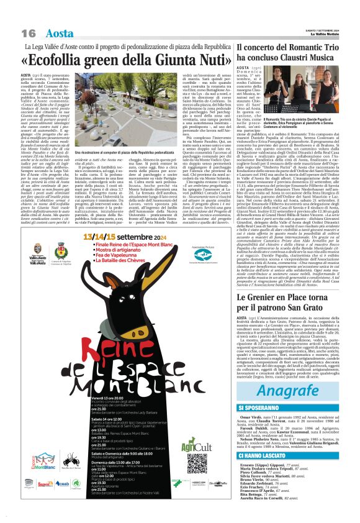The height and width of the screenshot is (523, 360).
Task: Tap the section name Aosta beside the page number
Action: (x=60, y=33)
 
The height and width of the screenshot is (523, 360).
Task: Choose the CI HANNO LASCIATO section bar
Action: (x=294, y=438)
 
